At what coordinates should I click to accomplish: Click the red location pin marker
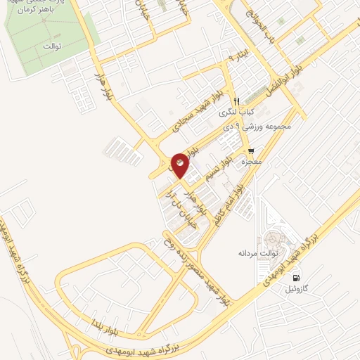180,166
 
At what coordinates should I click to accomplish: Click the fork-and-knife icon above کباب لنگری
237,101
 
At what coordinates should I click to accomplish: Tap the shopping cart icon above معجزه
251,151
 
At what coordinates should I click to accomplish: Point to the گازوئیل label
305,288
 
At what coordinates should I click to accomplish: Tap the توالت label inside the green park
53,46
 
